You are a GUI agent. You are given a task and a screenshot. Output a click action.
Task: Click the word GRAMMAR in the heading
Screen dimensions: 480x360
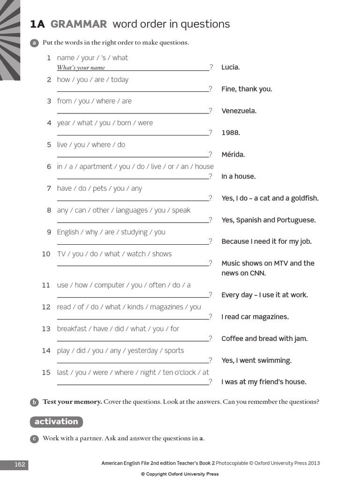(79, 24)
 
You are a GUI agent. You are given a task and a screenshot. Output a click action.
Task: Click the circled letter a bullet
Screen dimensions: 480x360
(34, 43)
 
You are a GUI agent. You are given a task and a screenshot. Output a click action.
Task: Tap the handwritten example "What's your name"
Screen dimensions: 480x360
(81, 67)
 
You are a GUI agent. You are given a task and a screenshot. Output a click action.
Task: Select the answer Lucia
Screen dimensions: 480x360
(230, 67)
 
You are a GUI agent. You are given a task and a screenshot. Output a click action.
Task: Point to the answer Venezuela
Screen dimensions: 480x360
(239, 111)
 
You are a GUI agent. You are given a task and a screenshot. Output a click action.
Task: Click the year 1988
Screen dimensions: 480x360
(231, 133)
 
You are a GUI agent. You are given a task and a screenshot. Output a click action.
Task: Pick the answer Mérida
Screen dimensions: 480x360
(233, 155)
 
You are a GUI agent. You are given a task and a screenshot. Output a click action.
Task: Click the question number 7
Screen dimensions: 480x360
(48, 188)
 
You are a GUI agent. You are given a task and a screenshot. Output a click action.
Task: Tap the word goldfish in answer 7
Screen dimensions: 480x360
(303, 198)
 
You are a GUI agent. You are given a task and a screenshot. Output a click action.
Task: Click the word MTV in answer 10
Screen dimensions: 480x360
(279, 263)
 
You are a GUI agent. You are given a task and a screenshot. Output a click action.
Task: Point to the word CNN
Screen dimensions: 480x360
(257, 273)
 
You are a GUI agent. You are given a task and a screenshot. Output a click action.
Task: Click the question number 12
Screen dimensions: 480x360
(46, 307)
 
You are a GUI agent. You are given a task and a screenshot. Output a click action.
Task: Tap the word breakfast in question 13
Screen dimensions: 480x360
(72, 329)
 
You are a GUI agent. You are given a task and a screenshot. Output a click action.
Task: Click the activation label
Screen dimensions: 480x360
(56, 421)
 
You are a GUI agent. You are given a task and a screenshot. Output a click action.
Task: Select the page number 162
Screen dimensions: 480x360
(19, 465)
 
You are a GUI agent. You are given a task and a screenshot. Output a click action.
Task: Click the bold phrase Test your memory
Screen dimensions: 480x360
(72, 402)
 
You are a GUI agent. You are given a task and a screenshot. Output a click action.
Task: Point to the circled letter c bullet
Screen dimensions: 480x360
(34, 439)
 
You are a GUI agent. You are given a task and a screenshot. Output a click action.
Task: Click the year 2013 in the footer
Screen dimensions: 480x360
(314, 463)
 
